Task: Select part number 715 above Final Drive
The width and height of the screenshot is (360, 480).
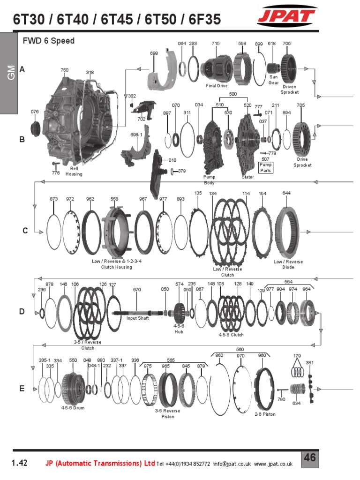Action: [x=215, y=44]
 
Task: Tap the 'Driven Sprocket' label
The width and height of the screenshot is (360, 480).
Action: [x=289, y=90]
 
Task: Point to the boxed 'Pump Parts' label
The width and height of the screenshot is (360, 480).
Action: [x=266, y=167]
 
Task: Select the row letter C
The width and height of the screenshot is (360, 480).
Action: [x=25, y=231]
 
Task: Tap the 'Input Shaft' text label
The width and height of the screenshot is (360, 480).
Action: [x=137, y=318]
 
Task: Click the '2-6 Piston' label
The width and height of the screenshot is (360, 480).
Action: [x=265, y=414]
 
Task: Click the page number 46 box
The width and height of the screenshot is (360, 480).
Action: [x=310, y=458]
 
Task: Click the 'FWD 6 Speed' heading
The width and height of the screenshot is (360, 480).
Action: [x=49, y=41]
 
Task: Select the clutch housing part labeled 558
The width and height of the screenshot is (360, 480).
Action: [x=115, y=230]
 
